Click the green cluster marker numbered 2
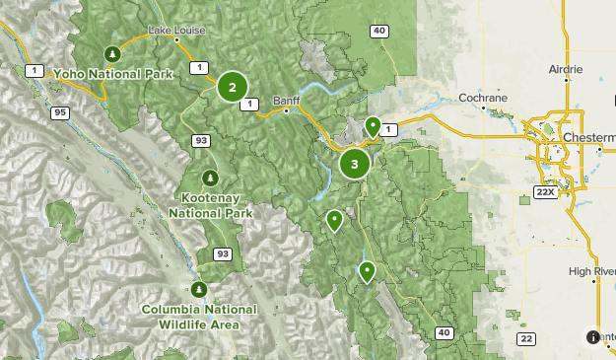point(233,87)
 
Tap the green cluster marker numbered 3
point(355,164)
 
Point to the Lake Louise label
point(177,31)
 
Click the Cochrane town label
point(483,99)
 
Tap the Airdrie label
point(565,70)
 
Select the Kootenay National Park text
point(210,205)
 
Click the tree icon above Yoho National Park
point(113,54)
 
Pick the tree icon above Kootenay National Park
point(210,178)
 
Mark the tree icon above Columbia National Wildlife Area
point(198,289)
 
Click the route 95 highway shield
point(61,113)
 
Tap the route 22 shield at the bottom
point(527,338)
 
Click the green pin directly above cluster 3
point(373,126)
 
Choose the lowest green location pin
point(367,271)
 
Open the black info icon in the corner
point(592,337)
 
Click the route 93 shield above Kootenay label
point(201,141)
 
